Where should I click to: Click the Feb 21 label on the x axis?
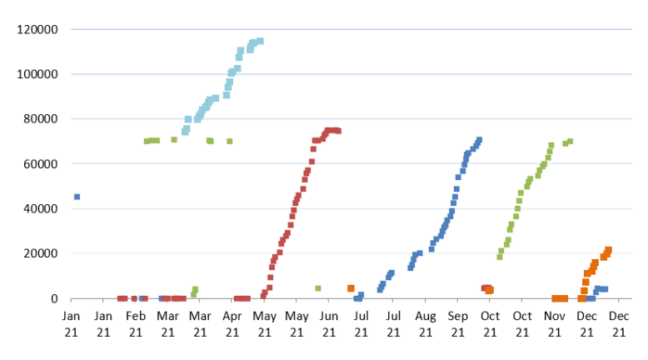(136, 324)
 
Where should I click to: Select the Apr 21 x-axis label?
(232, 324)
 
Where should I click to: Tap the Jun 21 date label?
(329, 324)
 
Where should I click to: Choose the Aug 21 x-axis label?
(426, 324)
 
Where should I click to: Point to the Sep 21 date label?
(457, 324)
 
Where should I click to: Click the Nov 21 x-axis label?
(554, 324)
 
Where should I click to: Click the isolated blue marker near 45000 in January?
(77, 197)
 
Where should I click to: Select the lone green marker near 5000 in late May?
(318, 288)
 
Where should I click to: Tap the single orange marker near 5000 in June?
(351, 288)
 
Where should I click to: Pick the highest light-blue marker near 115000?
(260, 41)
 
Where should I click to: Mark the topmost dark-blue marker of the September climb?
(479, 140)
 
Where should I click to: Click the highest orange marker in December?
(609, 250)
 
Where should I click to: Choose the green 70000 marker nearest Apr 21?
(229, 142)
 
